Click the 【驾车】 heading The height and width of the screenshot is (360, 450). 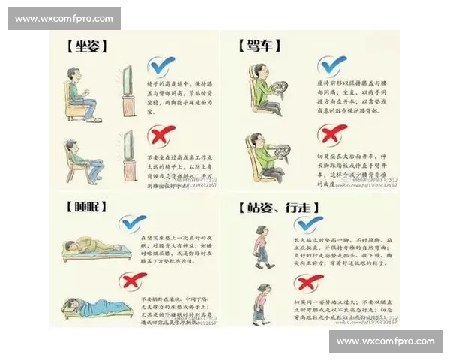[259, 46]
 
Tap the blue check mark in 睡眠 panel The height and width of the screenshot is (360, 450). [133, 223]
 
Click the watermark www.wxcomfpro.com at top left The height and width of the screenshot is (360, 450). [65, 18]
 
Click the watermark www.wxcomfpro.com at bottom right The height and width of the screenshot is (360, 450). [385, 341]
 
